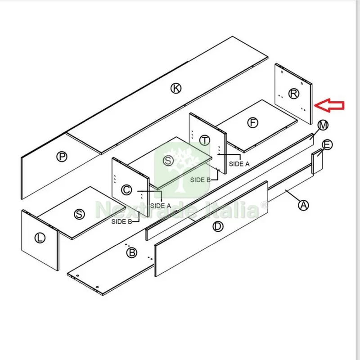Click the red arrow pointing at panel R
point(329,106)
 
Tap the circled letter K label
point(176,88)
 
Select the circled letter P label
point(62,157)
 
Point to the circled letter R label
point(294,94)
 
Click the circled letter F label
point(252,122)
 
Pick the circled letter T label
point(204,140)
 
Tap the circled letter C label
point(126,190)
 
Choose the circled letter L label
point(40,238)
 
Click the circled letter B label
point(132,253)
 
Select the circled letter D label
point(218,227)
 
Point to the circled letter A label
point(303,205)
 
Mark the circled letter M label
point(323,125)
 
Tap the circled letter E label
point(327,144)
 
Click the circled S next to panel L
point(79,214)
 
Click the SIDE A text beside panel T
point(239,164)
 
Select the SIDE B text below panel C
point(121,221)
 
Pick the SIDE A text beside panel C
point(161,206)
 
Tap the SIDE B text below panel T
point(200,180)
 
